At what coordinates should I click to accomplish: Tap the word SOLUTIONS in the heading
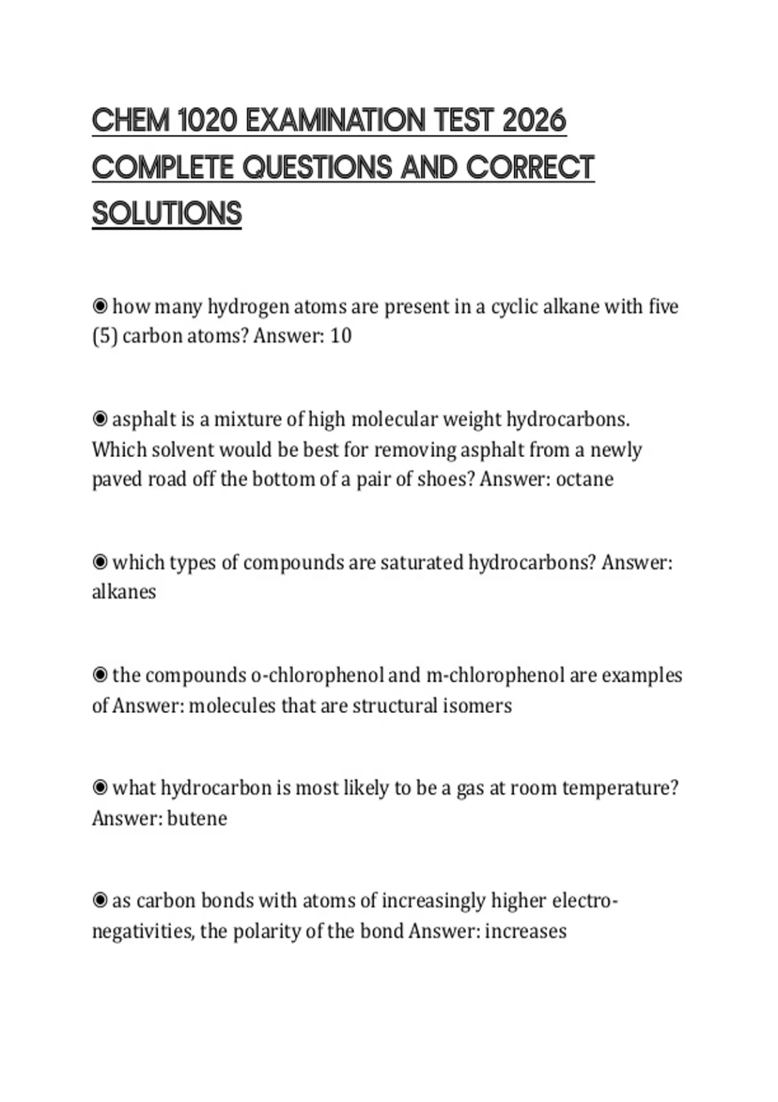(167, 213)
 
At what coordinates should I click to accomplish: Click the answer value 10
(340, 336)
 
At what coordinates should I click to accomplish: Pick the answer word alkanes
(124, 592)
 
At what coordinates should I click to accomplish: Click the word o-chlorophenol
(317, 675)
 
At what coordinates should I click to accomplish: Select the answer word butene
(197, 818)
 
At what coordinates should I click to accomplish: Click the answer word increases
(526, 932)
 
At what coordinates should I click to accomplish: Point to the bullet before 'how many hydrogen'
(100, 306)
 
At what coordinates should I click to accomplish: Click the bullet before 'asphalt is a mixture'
(100, 419)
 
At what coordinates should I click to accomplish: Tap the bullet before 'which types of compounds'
(100, 562)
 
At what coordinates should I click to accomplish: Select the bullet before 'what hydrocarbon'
(100, 788)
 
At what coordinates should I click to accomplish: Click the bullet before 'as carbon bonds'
(100, 901)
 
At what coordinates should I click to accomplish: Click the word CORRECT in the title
(530, 167)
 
